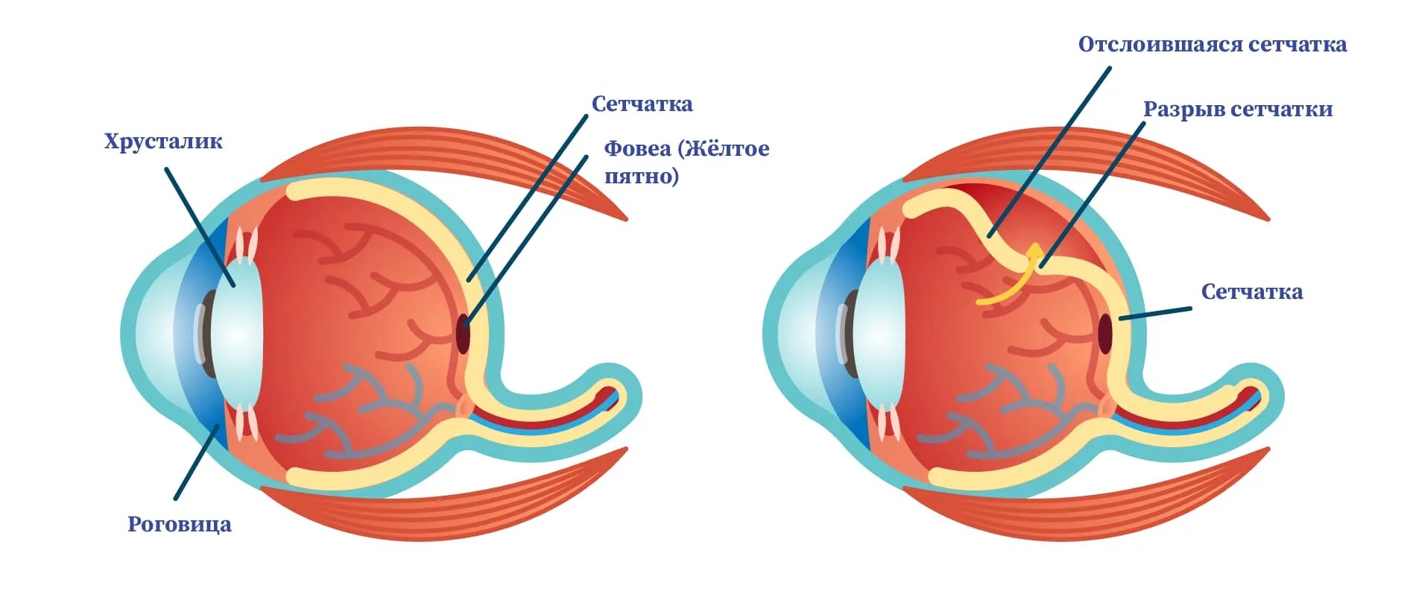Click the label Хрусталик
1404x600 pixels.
point(163,142)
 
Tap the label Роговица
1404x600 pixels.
point(180,524)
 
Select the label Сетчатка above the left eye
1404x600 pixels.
point(642,104)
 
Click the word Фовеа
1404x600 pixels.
point(636,148)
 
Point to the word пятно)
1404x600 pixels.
point(641,177)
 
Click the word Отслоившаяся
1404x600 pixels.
point(1160,45)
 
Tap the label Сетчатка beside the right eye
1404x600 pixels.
point(1251,292)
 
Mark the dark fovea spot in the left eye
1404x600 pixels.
point(464,332)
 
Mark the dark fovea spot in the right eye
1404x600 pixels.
point(1104,333)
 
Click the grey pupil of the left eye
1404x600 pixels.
point(206,333)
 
